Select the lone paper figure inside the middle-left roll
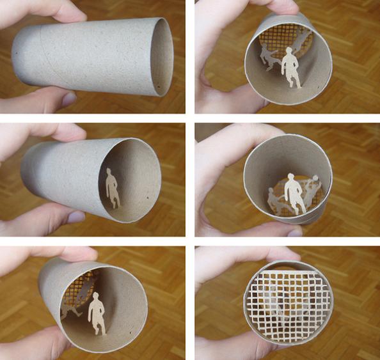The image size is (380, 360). coord(113,188)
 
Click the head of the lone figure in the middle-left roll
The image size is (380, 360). coord(109,172)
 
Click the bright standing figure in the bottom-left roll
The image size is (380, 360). coord(96,313)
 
